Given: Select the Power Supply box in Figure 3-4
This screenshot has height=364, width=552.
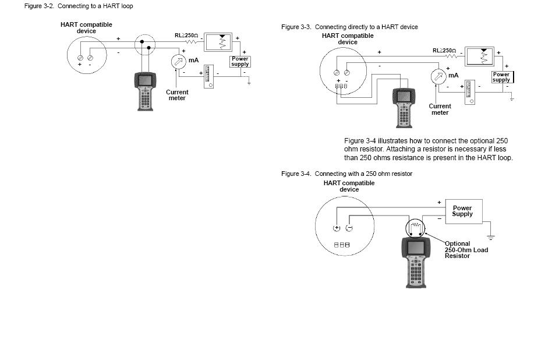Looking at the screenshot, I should pos(462,211).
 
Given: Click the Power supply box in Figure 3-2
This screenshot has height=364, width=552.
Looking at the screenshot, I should pos(240,61).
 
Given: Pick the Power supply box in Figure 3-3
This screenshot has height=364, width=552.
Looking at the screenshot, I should pos(501,77).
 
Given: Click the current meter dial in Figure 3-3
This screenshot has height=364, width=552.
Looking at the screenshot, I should pos(437,77).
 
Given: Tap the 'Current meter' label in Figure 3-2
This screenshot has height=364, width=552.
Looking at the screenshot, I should pos(177,95).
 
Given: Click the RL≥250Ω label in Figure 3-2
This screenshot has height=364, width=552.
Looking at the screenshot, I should pos(186,36).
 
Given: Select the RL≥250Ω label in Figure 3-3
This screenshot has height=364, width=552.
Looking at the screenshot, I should pos(444,51).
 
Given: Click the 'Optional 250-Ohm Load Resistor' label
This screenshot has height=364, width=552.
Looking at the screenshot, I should pos(466,250).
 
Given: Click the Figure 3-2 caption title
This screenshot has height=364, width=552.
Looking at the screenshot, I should pos(79,6).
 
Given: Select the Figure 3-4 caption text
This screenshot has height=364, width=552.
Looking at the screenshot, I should pos(346,174).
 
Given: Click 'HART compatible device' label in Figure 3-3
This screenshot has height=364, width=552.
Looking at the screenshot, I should pos(348,39).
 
